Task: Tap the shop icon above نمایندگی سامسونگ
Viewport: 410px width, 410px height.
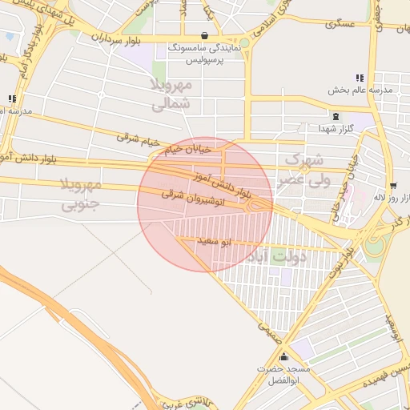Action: click(206, 36)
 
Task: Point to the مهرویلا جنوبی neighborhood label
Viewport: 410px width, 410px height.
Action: click(80, 195)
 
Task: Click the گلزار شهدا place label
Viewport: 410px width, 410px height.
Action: click(332, 129)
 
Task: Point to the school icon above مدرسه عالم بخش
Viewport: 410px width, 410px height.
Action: click(360, 78)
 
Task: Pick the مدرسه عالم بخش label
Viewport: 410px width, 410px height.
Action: click(360, 90)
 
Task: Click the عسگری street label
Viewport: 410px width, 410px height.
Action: click(340, 25)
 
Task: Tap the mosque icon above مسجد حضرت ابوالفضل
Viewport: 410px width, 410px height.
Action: click(283, 357)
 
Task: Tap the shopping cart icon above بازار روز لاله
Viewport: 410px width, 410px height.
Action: click(392, 185)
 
